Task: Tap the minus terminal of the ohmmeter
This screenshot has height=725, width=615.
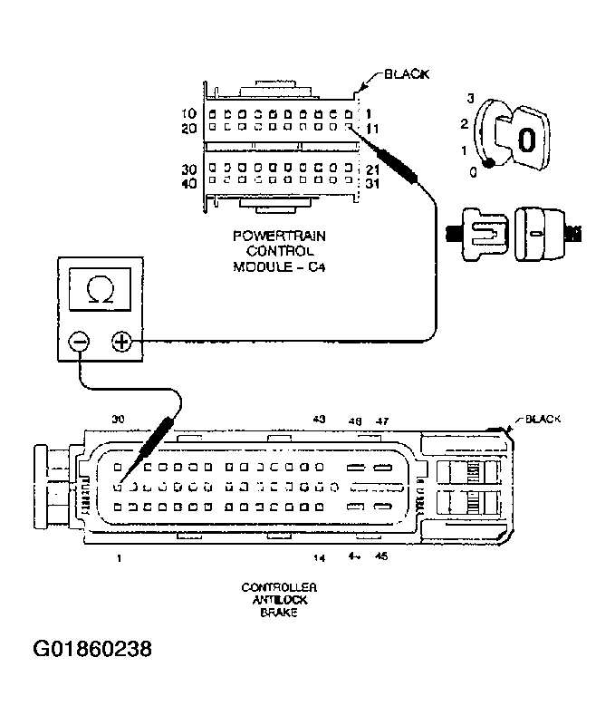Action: [79, 343]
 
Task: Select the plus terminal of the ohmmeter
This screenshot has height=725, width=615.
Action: [121, 343]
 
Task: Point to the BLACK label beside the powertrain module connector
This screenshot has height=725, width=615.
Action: [408, 74]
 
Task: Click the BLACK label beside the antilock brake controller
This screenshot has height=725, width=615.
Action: [543, 420]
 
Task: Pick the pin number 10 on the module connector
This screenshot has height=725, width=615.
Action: [188, 114]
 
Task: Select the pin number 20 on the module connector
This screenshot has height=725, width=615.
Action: [188, 129]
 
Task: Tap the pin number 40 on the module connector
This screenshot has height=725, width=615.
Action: [188, 183]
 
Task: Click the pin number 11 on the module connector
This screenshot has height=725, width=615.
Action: [371, 129]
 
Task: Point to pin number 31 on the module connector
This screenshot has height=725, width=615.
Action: [371, 183]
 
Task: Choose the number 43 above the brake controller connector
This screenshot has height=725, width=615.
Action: [319, 420]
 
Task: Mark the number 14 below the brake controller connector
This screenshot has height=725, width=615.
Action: [319, 557]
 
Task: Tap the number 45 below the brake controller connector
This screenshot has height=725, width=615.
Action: [381, 557]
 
